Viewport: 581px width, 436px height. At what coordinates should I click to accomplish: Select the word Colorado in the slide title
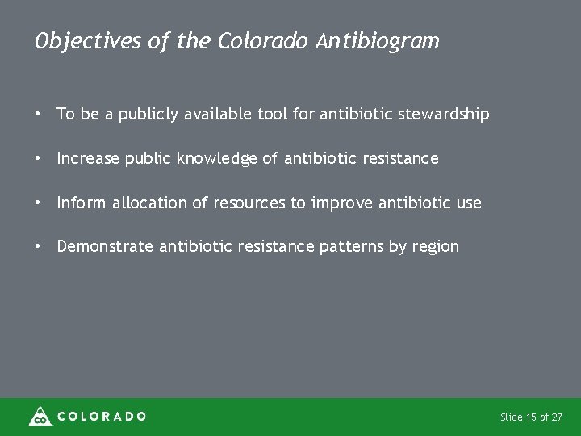(261, 40)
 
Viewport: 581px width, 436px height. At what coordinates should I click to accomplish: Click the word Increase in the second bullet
(87, 158)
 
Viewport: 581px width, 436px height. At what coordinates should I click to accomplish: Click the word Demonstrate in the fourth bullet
(104, 247)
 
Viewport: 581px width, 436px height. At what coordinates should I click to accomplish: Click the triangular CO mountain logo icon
(40, 416)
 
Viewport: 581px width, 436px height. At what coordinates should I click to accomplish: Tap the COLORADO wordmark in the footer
(101, 417)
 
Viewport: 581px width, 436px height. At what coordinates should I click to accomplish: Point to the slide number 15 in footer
(530, 417)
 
